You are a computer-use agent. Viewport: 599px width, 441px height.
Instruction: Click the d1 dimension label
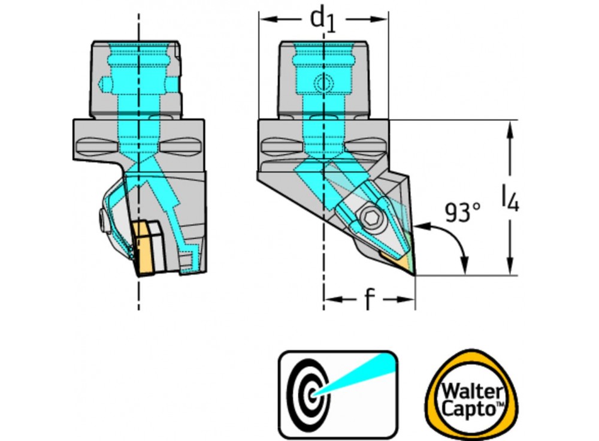tap(322, 20)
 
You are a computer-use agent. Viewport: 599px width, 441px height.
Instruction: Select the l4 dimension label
tap(510, 198)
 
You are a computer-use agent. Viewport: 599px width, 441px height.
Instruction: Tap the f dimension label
tap(370, 300)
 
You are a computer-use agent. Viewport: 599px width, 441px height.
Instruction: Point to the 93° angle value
tap(462, 213)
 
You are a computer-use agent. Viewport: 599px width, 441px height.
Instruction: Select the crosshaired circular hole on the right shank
tap(323, 83)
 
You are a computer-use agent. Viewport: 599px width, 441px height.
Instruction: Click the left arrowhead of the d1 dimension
tap(264, 20)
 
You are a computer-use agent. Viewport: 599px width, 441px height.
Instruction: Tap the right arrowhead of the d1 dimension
tap(383, 20)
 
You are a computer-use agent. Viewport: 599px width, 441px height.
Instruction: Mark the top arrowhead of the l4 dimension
tap(510, 126)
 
